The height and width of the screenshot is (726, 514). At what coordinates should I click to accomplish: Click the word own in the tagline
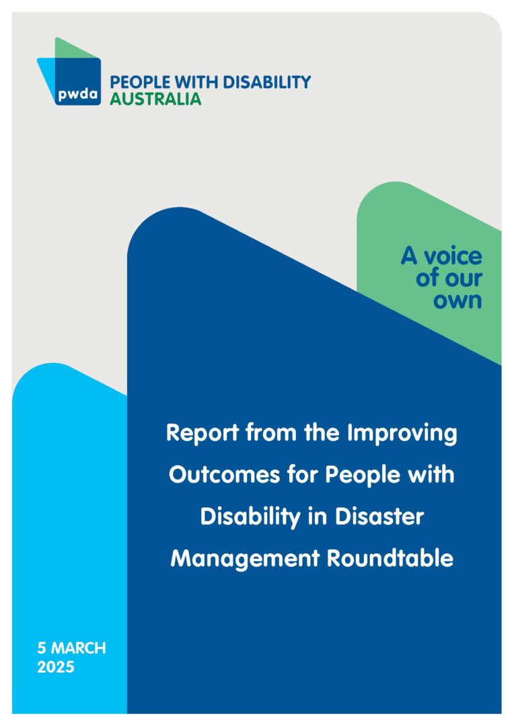[457, 300]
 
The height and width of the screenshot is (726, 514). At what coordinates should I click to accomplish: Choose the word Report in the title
[200, 434]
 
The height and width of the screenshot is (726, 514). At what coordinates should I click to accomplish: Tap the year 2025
[56, 668]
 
